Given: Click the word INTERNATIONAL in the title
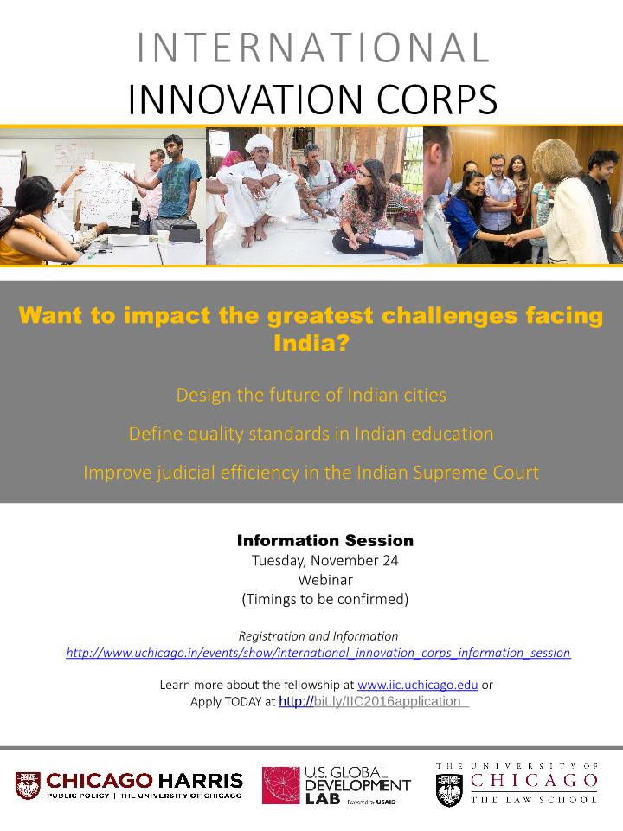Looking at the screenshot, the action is [x=312, y=48].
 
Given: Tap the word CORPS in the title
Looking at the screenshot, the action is [x=437, y=99].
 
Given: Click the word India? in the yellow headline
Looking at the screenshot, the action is [x=311, y=343].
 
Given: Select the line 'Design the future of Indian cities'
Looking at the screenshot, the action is [x=311, y=395].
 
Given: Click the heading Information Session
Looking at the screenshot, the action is [x=325, y=540].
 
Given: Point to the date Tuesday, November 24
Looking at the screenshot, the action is [x=324, y=561].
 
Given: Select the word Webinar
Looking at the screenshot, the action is [x=324, y=580].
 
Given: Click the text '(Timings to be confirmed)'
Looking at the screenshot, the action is [x=324, y=599].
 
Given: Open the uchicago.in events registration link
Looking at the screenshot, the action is [x=318, y=653].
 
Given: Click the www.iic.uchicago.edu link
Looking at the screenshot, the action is [x=417, y=685].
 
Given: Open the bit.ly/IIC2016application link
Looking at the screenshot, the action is [x=374, y=702].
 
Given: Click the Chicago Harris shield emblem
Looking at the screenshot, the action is [x=28, y=785].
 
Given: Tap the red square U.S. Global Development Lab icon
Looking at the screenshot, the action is [x=281, y=785].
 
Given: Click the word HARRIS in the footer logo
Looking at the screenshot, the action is [x=201, y=781].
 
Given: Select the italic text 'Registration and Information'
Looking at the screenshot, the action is [x=318, y=636].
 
